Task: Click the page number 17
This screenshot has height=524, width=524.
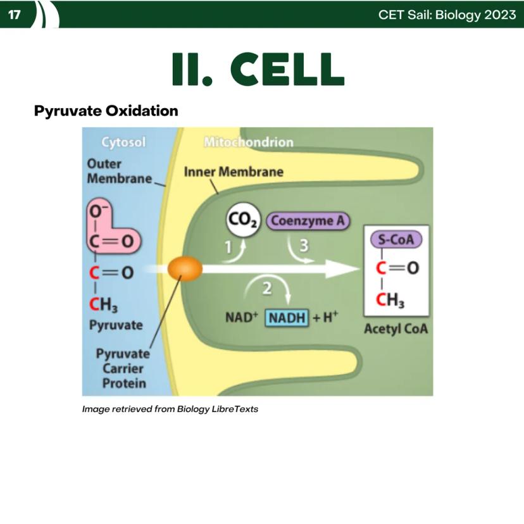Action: (14, 15)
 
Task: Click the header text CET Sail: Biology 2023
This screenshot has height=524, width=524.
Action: (447, 15)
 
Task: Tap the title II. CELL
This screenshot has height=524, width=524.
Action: (258, 69)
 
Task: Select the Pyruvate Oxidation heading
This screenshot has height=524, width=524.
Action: (106, 111)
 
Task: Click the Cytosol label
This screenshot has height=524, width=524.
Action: (123, 142)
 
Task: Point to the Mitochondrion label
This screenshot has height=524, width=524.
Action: (249, 142)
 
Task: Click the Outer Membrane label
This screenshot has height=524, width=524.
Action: (120, 171)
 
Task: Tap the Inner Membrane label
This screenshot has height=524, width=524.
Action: (234, 172)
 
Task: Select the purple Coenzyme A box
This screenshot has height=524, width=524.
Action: (308, 221)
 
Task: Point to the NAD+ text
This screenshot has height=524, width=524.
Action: (242, 317)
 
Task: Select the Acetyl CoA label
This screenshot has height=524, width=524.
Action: (396, 329)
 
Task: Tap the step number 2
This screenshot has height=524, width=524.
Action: (266, 289)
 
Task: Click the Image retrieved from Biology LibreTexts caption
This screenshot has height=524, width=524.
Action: (170, 409)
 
